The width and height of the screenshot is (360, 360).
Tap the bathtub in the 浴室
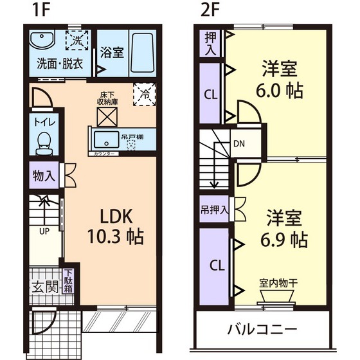(x=142, y=53)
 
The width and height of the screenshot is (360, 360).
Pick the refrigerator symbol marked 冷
(x=142, y=94)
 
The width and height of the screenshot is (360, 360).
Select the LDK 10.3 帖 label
(x=116, y=226)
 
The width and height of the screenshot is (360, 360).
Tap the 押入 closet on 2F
(x=210, y=42)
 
